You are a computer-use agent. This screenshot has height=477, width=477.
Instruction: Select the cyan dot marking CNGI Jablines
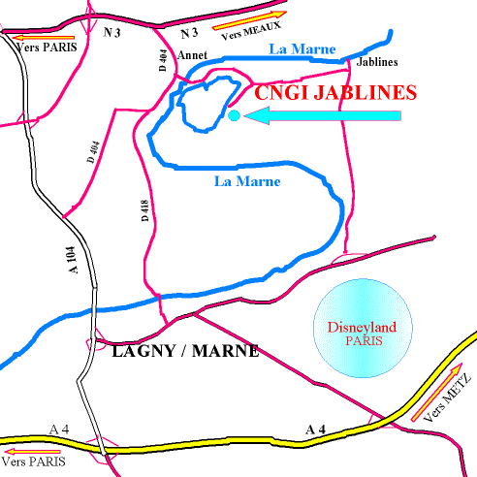click(234, 116)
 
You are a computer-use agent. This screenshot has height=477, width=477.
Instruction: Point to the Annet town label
click(189, 54)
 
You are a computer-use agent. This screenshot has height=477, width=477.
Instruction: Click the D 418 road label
click(145, 209)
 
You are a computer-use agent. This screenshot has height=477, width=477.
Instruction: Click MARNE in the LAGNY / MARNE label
click(226, 351)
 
